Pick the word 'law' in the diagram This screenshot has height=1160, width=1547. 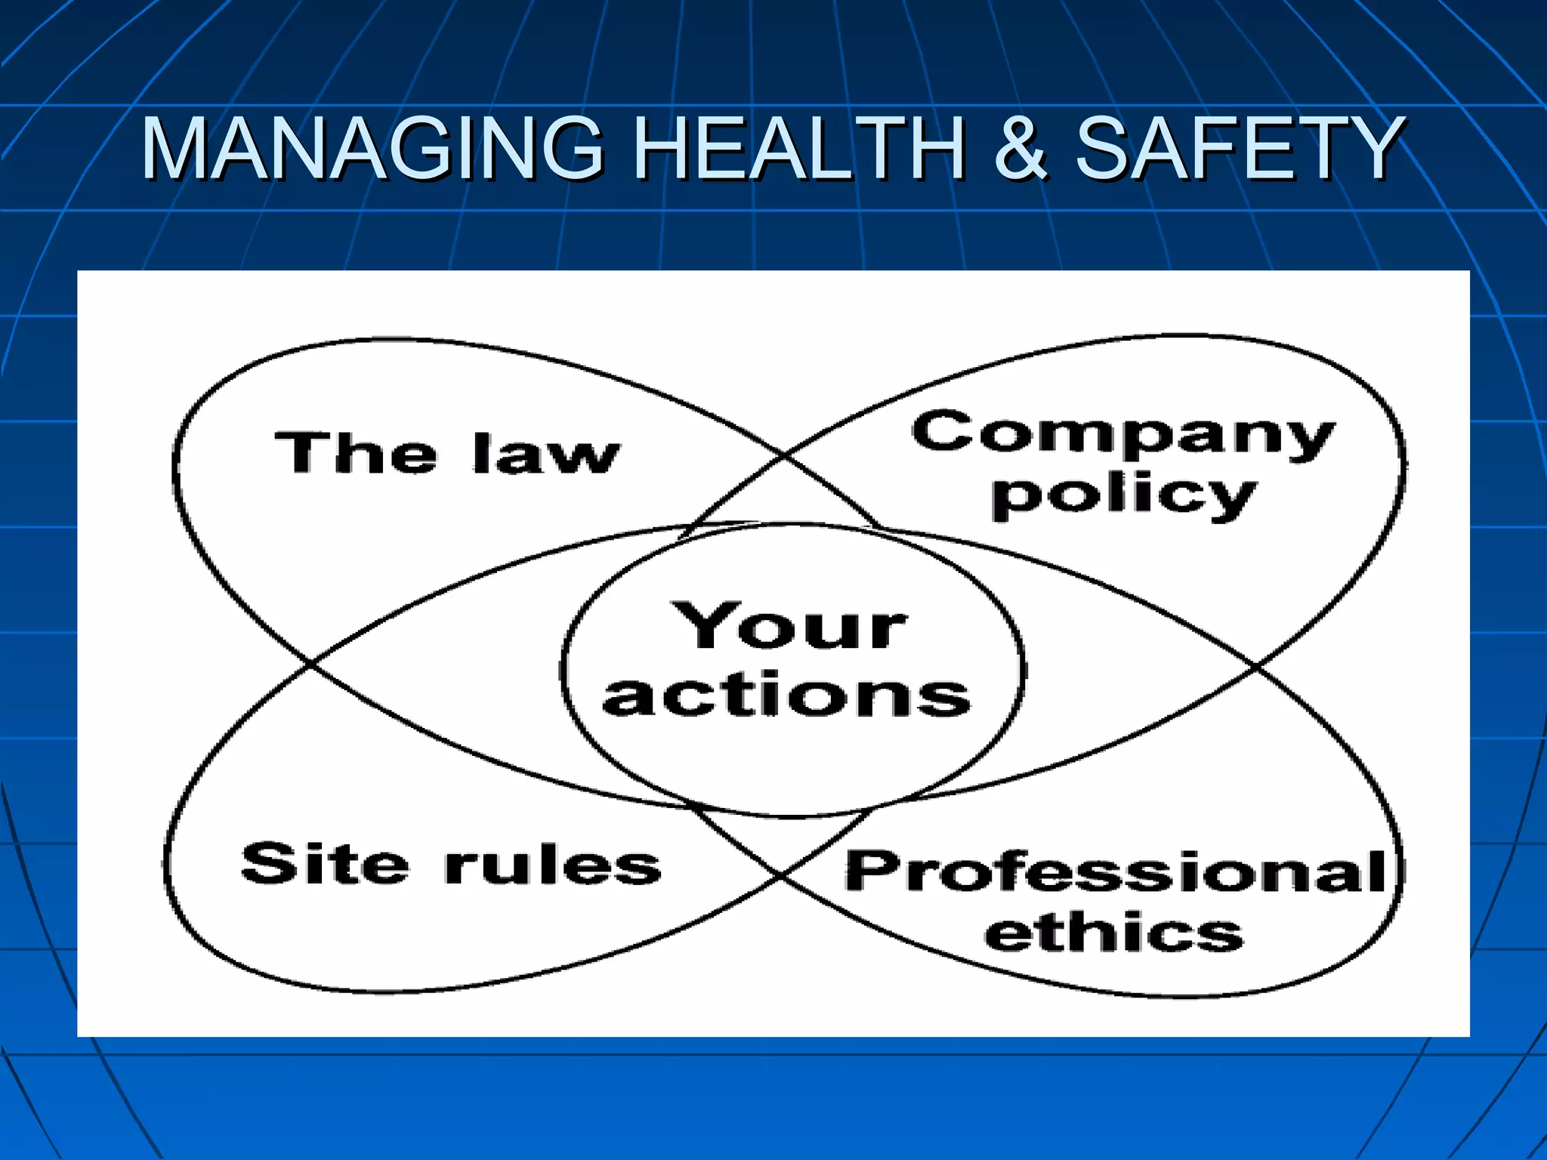[546, 454]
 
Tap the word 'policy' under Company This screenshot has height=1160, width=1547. [1123, 496]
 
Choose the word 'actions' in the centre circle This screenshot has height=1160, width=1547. [786, 695]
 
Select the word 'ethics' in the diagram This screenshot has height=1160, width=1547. [1113, 933]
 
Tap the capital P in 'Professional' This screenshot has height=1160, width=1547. [866, 870]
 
